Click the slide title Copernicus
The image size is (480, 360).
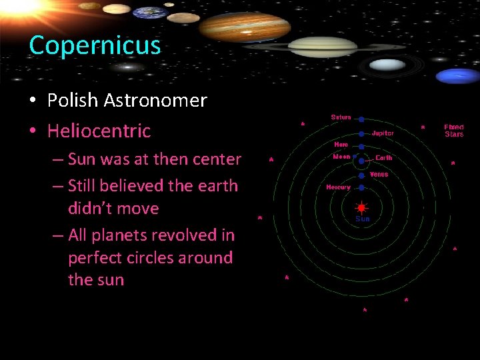(x=95, y=45)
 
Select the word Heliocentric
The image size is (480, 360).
(x=99, y=131)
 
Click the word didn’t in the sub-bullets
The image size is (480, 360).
(x=91, y=208)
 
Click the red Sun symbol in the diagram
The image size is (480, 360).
(x=361, y=208)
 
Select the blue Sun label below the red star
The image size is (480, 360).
(x=362, y=219)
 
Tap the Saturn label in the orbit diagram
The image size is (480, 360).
(x=341, y=117)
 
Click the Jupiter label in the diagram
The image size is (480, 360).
(x=383, y=133)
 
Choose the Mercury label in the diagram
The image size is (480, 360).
(x=338, y=187)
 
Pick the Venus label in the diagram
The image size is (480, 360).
(x=379, y=175)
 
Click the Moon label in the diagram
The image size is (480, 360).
(x=341, y=157)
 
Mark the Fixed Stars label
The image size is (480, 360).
(x=454, y=131)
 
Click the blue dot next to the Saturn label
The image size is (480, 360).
(x=361, y=119)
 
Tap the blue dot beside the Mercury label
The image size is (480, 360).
(x=361, y=187)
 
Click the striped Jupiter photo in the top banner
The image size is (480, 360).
(x=244, y=27)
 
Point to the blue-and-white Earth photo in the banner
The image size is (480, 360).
(x=149, y=13)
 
